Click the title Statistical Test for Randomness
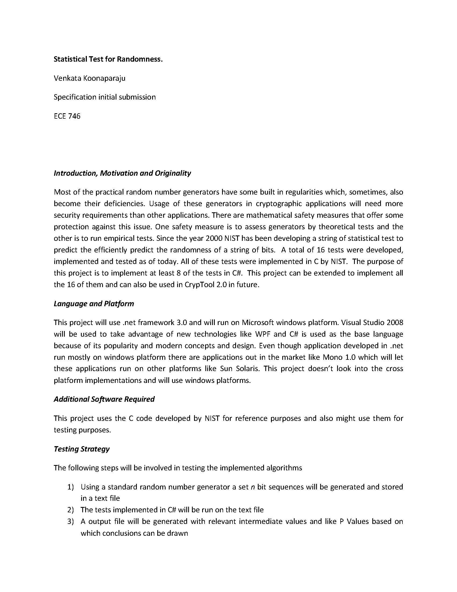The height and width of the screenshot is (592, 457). pyautogui.click(x=108, y=59)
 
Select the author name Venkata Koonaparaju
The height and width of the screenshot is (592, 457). pyautogui.click(x=89, y=78)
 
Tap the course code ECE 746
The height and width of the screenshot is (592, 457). pyautogui.click(x=67, y=116)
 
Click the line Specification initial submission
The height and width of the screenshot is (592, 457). pyautogui.click(x=105, y=97)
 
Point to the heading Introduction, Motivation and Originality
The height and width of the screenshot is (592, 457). pyautogui.click(x=122, y=173)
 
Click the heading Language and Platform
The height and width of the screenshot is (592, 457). pyautogui.click(x=94, y=304)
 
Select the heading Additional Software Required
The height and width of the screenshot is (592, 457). pyautogui.click(x=104, y=399)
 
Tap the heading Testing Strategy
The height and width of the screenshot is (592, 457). pyautogui.click(x=81, y=449)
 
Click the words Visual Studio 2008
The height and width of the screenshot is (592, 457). pyautogui.click(x=372, y=323)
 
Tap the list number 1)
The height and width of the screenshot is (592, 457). pyautogui.click(x=70, y=487)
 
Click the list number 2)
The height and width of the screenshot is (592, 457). pyautogui.click(x=70, y=510)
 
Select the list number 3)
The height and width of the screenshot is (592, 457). pyautogui.click(x=70, y=521)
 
